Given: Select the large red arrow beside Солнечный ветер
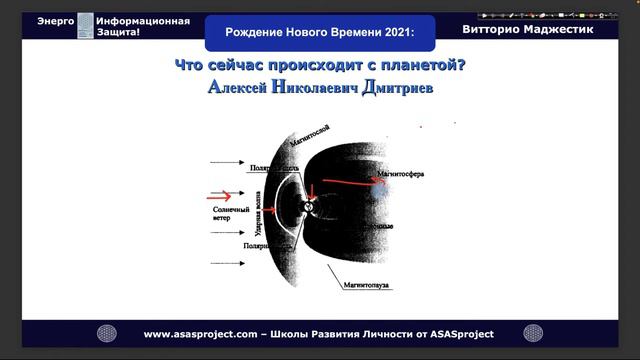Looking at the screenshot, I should pyautogui.click(x=223, y=196).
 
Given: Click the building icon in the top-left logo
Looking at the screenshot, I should pyautogui.click(x=86, y=26).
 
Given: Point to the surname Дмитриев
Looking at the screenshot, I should pyautogui.click(x=391, y=89).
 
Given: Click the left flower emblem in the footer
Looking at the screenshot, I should pyautogui.click(x=107, y=333).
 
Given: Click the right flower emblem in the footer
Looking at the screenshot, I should pyautogui.click(x=538, y=333).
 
